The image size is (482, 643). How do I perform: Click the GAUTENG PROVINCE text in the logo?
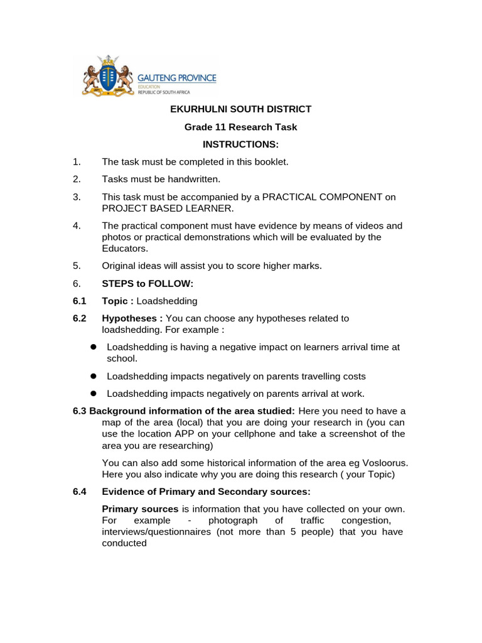tap(177, 78)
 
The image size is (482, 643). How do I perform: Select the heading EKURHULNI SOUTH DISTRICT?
tap(241, 109)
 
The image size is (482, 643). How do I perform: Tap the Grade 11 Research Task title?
tap(241, 127)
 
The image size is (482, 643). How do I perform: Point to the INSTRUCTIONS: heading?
tap(241, 145)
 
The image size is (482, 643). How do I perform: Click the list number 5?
tap(77, 266)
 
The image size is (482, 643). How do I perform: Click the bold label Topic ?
tap(118, 301)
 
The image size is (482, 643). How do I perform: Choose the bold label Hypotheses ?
tap(132, 318)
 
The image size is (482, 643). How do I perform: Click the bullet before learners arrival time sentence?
tap(92, 347)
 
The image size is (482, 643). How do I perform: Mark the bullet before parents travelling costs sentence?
tap(92, 376)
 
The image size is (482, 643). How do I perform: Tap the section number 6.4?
tap(80, 491)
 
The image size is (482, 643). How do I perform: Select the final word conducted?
tap(124, 543)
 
